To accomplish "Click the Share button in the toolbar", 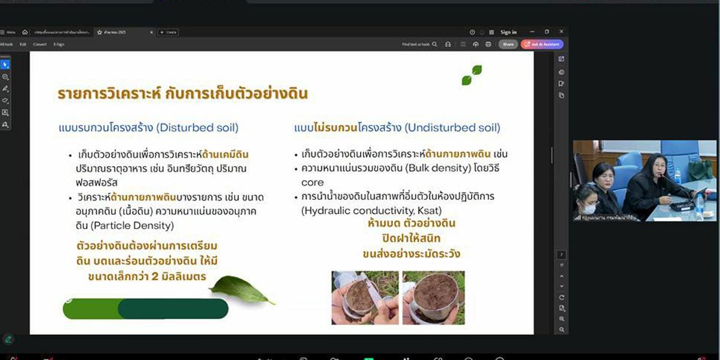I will point(508,44).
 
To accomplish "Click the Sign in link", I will point(508,32).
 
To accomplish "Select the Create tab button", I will point(168,32).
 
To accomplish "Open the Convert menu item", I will point(40,44).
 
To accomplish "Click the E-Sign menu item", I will point(59,44).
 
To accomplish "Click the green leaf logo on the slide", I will point(472,75).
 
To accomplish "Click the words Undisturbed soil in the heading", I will point(452,128).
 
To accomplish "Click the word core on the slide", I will point(313,182).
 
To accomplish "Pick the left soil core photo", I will point(365,298).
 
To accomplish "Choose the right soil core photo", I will point(433,298).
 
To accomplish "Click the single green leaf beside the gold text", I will point(242,290).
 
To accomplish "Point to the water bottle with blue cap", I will point(699,205).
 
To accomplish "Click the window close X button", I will point(561,32).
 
